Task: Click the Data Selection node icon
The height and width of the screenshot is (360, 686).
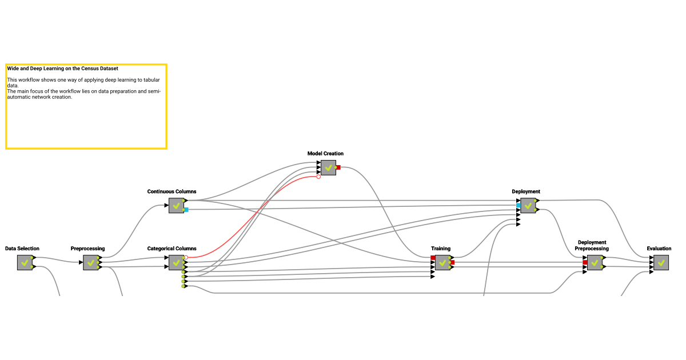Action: (25, 263)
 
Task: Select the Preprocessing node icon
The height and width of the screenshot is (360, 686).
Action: (90, 263)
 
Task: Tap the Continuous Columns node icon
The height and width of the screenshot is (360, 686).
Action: (176, 205)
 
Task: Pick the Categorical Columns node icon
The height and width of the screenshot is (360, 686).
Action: (176, 263)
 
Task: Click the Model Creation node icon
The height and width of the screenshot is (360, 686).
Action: (328, 167)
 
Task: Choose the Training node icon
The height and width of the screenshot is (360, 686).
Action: (442, 263)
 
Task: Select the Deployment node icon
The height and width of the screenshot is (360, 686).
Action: (528, 205)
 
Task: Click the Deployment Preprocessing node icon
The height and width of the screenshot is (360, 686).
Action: (595, 263)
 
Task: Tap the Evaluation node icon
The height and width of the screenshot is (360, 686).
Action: (661, 263)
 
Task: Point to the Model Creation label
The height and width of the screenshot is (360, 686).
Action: (325, 154)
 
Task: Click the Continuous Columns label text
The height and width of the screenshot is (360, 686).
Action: (171, 192)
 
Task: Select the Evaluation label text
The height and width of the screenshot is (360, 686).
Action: (659, 249)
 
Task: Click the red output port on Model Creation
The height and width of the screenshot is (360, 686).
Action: (338, 167)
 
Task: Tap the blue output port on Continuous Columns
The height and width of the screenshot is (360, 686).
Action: (186, 210)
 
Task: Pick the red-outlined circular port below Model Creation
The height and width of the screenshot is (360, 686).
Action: (318, 177)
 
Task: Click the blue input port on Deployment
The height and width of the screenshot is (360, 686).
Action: (519, 205)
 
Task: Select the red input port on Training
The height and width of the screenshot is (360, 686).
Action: (433, 258)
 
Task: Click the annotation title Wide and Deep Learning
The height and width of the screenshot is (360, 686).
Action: (62, 69)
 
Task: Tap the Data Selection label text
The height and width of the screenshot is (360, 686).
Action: (22, 249)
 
